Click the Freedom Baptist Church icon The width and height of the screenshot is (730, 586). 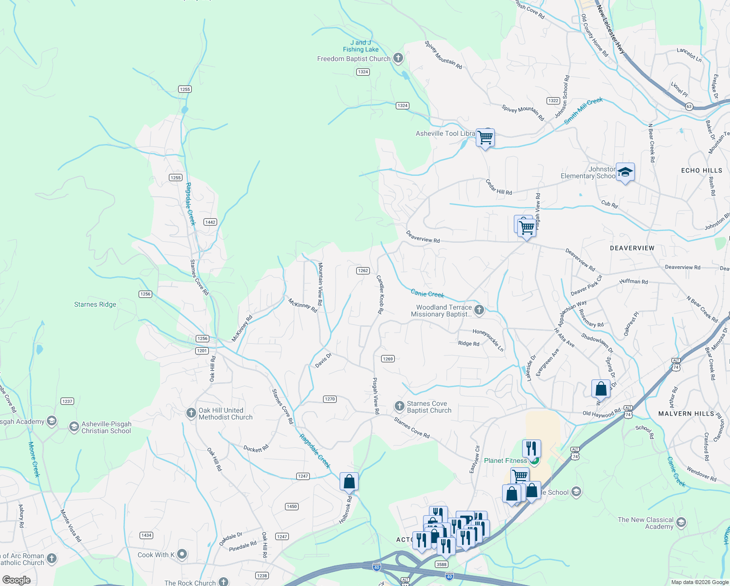coord(398,59)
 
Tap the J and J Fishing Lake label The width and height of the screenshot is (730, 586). coord(361,46)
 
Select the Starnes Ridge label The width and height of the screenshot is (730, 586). coord(95,304)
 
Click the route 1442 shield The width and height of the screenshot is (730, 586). coord(210,222)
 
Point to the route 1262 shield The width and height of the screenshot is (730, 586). coord(363,271)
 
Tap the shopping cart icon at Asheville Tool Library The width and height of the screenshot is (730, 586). coord(485,138)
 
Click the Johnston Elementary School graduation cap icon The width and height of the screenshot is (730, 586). coord(625,172)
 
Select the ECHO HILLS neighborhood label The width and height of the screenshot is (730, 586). coord(701,170)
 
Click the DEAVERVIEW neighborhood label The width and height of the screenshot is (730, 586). coord(632,248)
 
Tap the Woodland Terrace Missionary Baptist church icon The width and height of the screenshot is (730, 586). coord(479,310)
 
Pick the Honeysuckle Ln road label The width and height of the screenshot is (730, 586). coord(487,340)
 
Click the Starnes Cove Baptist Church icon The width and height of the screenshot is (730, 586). coord(399,406)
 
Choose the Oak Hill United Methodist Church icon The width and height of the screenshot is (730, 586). coord(191,413)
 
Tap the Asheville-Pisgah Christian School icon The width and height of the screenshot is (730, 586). coord(74,427)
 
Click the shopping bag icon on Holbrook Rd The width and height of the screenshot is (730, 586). coord(349,481)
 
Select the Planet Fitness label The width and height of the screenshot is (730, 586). coord(506,460)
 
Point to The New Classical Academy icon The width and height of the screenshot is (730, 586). coord(681,523)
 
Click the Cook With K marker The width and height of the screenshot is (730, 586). coord(182,554)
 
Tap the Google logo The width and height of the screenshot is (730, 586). coord(17,580)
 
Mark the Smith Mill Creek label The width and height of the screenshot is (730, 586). coord(584,111)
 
